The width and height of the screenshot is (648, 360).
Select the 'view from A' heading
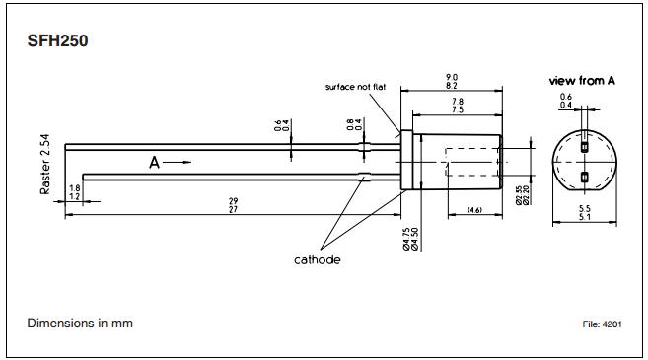582,80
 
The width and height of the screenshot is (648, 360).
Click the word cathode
318,259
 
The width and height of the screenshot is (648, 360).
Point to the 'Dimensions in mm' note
80,324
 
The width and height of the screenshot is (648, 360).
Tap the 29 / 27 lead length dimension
234,205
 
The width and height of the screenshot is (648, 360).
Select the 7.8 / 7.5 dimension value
458,107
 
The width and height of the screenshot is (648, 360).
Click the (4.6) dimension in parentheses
473,210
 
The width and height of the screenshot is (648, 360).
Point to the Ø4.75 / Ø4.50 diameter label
407,238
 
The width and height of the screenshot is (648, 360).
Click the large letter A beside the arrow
155,163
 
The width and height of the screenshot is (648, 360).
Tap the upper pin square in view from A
584,147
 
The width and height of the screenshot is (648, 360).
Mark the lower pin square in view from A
584,178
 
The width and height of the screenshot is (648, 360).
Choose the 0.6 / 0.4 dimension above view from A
566,101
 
